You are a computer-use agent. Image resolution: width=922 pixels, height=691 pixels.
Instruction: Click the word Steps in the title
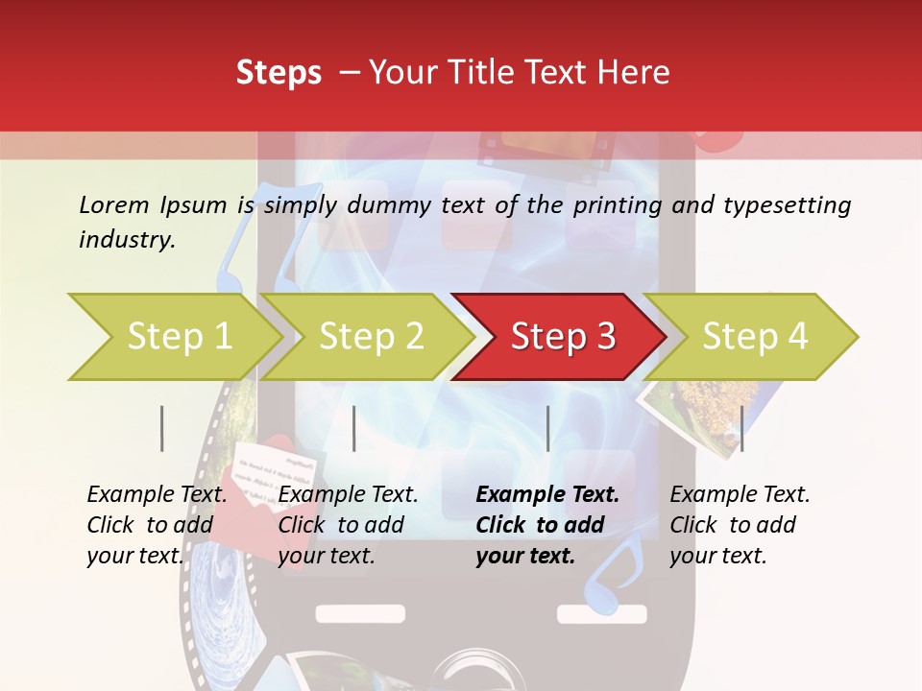[x=279, y=73]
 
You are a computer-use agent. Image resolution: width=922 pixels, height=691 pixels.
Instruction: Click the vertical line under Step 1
[x=162, y=428]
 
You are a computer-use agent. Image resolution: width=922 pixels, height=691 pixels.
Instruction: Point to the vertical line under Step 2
[x=354, y=428]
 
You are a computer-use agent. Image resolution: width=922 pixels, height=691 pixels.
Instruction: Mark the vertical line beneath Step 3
[x=547, y=428]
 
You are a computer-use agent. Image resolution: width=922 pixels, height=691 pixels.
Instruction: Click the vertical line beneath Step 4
[x=741, y=428]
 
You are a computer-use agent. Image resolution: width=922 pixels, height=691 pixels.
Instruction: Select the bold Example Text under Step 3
[x=547, y=525]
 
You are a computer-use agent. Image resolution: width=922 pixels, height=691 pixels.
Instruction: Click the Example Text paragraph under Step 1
[x=157, y=525]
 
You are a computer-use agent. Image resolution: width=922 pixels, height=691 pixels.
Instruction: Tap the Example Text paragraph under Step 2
[x=348, y=525]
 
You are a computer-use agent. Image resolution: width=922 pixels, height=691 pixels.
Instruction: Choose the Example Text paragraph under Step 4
[x=740, y=525]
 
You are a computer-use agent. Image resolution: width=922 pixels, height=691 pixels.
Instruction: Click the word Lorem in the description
[x=114, y=204]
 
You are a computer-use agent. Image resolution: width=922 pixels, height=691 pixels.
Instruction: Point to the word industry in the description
[x=127, y=240]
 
